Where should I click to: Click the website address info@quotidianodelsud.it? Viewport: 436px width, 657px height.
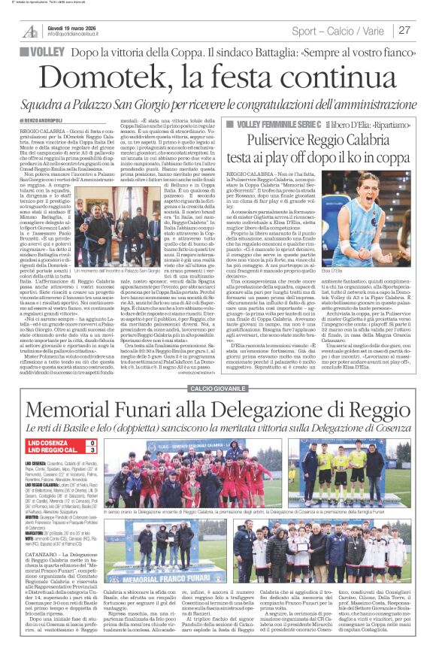coord(80,35)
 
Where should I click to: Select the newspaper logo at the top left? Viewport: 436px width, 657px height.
coord(30,31)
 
